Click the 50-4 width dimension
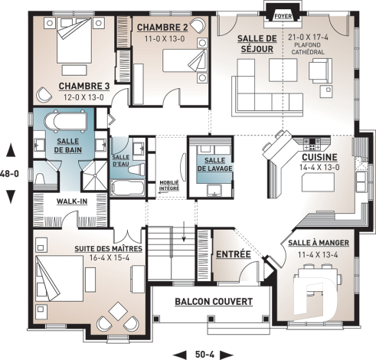(x=204, y=352)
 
